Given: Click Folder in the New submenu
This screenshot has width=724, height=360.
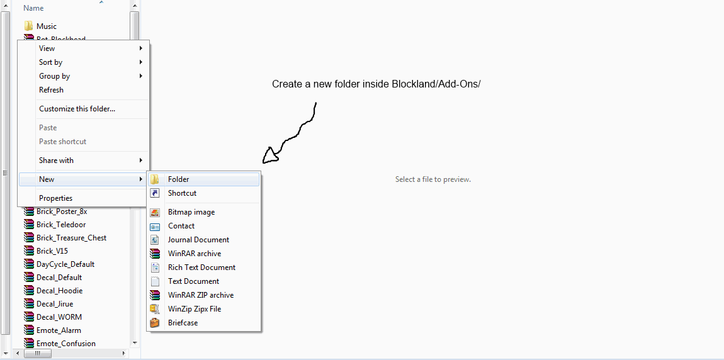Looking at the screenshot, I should (x=179, y=179).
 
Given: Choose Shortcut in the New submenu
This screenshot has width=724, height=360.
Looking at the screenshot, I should (x=182, y=193).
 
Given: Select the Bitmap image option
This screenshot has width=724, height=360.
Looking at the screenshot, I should (x=191, y=212).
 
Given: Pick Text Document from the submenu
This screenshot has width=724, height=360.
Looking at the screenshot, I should (x=193, y=281).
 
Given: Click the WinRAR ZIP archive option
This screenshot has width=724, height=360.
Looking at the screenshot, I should (x=200, y=295).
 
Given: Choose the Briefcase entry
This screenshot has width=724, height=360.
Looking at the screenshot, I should (x=183, y=323).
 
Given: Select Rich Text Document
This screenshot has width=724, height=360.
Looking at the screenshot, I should (x=201, y=267).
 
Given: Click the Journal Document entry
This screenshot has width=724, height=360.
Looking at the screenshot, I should (x=198, y=240).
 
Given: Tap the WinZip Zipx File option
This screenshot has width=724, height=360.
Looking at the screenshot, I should (x=194, y=309).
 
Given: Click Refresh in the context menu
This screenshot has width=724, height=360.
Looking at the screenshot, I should (x=51, y=90).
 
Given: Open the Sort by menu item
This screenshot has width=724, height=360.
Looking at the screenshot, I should (x=50, y=62).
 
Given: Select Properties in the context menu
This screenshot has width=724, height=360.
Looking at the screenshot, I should (x=55, y=198).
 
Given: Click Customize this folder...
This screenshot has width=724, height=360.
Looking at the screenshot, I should (x=77, y=109).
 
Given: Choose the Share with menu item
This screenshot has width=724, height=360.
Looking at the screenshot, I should (x=56, y=160).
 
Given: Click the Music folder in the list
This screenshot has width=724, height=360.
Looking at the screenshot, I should (x=46, y=26).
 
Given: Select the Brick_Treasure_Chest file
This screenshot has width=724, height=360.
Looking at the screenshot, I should (x=71, y=238).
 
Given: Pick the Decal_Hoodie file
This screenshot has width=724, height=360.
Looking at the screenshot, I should (x=59, y=291).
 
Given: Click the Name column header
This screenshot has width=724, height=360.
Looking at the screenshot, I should (x=33, y=8).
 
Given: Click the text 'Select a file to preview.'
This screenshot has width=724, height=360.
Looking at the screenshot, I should (x=433, y=179).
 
